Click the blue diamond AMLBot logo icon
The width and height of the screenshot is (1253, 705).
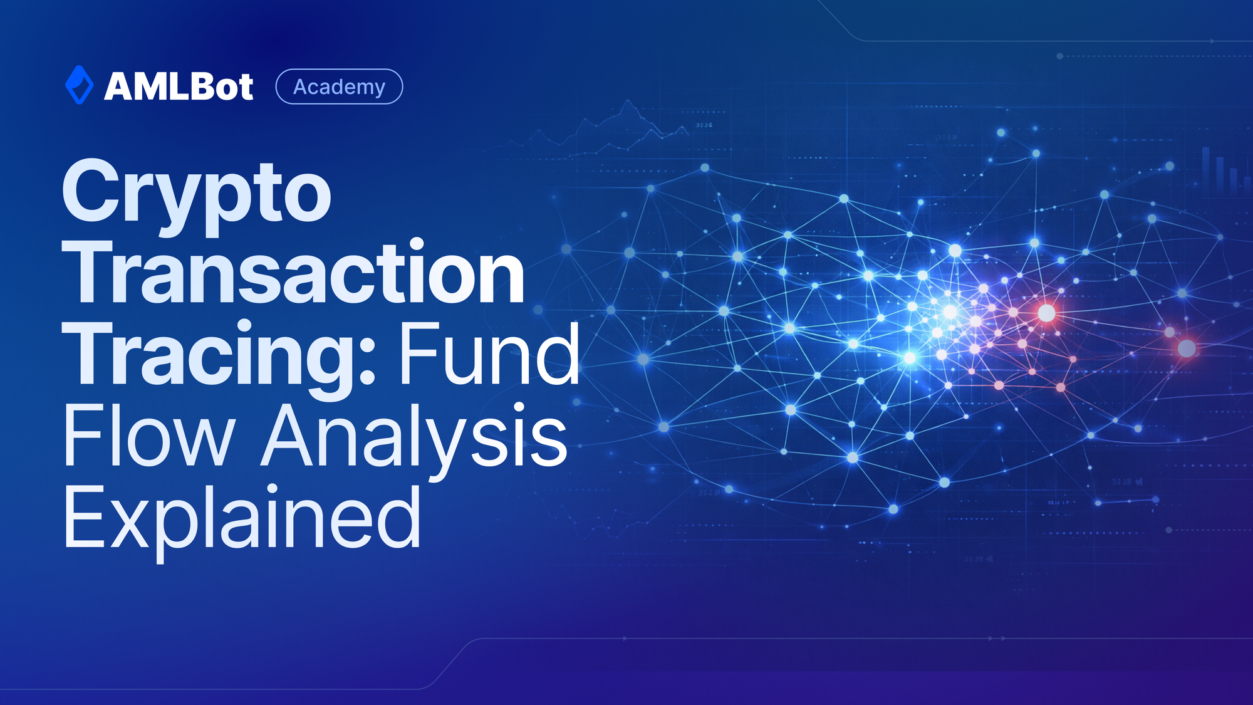pyautogui.click(x=79, y=85)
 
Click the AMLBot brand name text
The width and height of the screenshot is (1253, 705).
pyautogui.click(x=179, y=86)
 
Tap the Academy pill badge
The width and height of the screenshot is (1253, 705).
pyautogui.click(x=339, y=86)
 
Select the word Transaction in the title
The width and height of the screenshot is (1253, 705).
pyautogui.click(x=293, y=273)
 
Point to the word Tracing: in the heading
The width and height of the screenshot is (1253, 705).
pyautogui.click(x=219, y=355)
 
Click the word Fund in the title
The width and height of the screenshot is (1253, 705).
pyautogui.click(x=489, y=355)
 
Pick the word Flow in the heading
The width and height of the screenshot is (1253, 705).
pyautogui.click(x=148, y=436)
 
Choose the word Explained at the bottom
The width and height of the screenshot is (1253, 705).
pyautogui.click(x=242, y=518)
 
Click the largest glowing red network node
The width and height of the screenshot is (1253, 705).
pyautogui.click(x=1046, y=313)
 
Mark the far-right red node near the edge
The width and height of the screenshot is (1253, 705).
pyautogui.click(x=1187, y=348)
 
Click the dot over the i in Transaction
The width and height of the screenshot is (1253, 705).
pyautogui.click(x=417, y=243)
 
